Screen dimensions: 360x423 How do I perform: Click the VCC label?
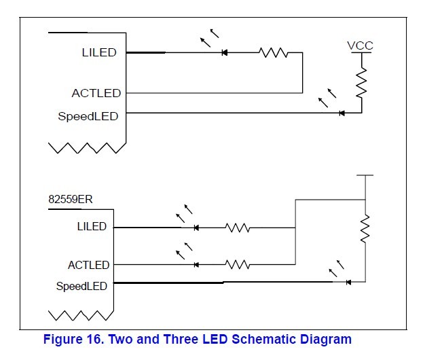tap(360, 46)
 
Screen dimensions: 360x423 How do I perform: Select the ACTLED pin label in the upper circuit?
tap(96, 93)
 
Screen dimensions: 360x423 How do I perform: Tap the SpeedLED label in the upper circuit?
tap(88, 116)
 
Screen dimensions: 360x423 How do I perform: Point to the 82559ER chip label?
tap(71, 200)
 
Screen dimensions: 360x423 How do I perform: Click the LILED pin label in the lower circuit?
tap(92, 227)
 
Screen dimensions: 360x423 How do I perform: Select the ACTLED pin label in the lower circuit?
tap(88, 265)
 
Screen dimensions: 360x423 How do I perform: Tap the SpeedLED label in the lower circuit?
tap(81, 286)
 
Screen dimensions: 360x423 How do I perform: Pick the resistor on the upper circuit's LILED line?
tap(274, 52)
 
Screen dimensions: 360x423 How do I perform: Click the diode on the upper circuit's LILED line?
tap(224, 52)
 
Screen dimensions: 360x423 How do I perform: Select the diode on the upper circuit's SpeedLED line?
tap(342, 113)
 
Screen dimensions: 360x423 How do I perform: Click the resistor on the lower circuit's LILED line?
tap(238, 228)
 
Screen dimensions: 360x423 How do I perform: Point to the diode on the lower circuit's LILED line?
tap(196, 228)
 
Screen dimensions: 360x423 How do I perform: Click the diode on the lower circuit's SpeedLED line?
tap(348, 282)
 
